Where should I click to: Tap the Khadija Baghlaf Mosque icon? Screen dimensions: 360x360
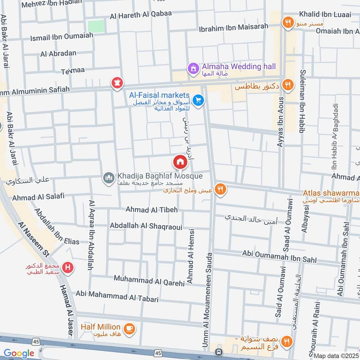click(108, 179)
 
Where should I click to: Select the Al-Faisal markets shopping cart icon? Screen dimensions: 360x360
click(197, 100)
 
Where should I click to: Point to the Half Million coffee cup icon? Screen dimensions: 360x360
click(129, 328)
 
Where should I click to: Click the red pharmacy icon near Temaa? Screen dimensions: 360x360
click(117, 83)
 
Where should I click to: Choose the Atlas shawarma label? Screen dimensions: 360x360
click(331, 193)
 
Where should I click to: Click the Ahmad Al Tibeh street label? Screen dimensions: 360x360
click(152, 210)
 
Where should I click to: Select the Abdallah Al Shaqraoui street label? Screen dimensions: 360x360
click(146, 226)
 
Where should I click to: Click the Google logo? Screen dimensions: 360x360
click(19, 353)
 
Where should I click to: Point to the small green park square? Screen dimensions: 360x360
click(95, 26)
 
